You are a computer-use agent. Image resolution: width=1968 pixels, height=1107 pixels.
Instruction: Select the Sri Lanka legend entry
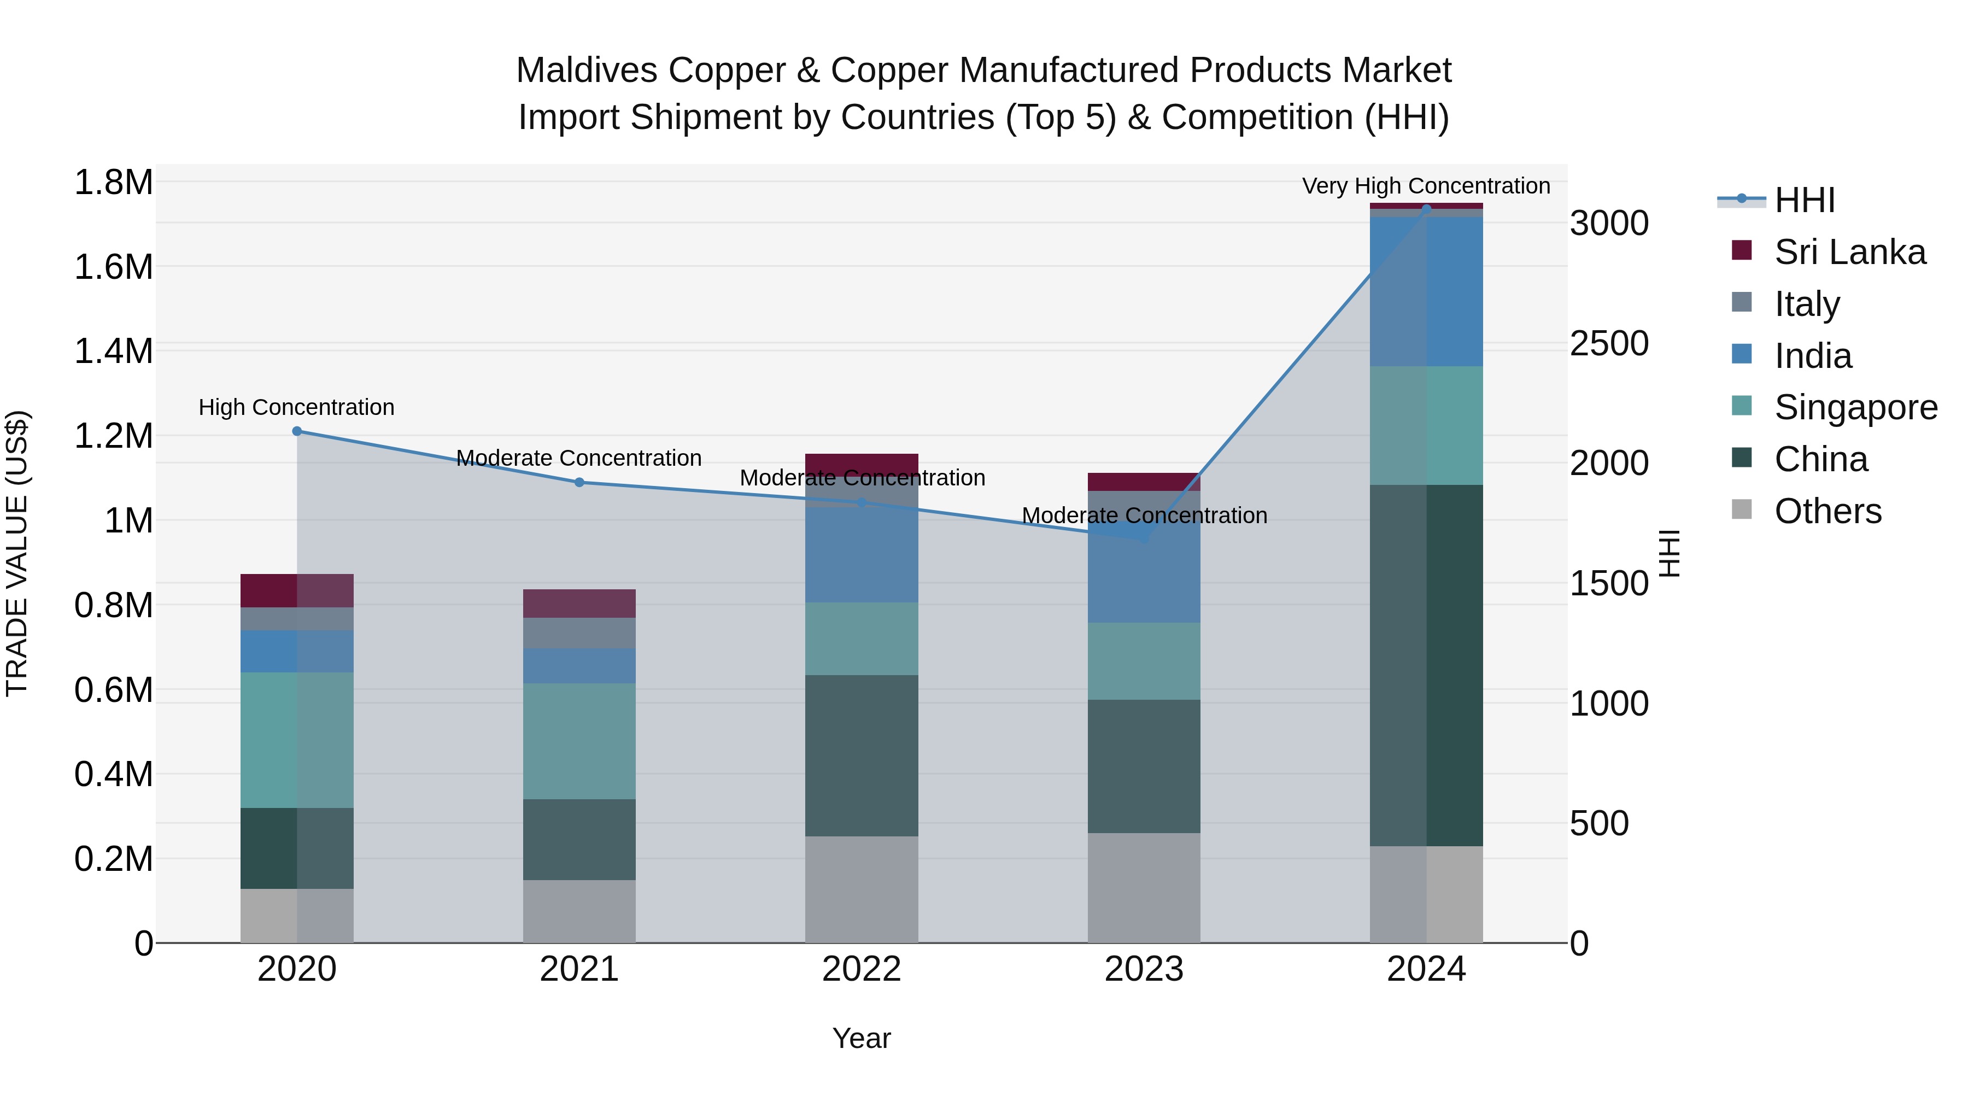point(1849,252)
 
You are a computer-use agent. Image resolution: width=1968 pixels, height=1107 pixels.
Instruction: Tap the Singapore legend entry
point(1855,407)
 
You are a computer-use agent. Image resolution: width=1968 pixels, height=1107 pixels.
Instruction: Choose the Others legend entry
point(1828,511)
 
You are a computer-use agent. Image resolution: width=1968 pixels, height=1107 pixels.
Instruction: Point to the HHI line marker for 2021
point(579,483)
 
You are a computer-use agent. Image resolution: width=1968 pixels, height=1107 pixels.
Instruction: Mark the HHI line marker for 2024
point(1426,209)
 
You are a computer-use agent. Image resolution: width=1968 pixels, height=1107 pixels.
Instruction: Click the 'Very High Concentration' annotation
point(1426,186)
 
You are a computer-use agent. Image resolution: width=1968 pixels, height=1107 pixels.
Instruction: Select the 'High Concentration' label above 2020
point(296,407)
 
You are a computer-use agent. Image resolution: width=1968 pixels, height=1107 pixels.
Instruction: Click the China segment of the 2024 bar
point(1426,665)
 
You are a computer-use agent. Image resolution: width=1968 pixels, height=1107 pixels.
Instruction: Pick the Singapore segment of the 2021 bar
point(579,741)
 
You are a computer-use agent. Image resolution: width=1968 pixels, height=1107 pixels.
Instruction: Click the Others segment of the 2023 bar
point(1144,888)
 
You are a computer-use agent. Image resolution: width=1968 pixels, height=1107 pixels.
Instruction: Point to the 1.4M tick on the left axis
point(113,352)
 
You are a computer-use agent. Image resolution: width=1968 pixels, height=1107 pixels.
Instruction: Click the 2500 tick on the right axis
point(1609,344)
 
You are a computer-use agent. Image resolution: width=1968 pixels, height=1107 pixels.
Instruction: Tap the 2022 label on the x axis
point(861,969)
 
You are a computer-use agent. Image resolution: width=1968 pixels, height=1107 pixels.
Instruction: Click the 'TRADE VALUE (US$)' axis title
point(17,553)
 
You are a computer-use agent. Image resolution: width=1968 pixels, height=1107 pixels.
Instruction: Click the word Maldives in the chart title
point(587,71)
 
